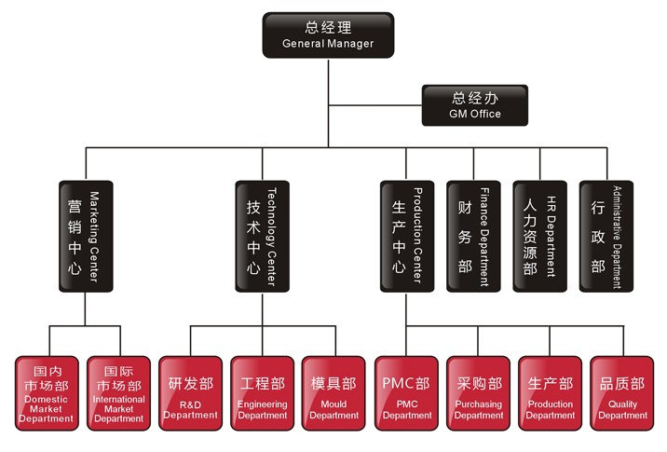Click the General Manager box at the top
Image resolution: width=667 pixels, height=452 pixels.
328,34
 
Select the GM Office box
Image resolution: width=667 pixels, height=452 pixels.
474,104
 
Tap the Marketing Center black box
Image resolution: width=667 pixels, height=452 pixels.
85,237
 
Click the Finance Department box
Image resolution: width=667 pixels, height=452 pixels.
473,237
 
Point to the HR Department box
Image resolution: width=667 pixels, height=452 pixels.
539,237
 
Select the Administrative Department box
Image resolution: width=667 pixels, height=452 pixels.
606,237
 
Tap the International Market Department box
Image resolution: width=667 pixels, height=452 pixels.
118,392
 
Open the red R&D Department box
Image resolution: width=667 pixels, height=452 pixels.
190,392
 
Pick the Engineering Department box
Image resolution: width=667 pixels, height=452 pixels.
262,392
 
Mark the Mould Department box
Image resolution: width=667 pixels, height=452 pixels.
333,392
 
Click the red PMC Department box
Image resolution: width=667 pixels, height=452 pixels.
406,392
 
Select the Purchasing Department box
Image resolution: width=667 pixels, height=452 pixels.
479,392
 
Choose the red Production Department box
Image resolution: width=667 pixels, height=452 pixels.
551,392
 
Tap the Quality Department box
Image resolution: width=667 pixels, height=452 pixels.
622,392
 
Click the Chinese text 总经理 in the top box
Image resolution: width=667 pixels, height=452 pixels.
328,27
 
